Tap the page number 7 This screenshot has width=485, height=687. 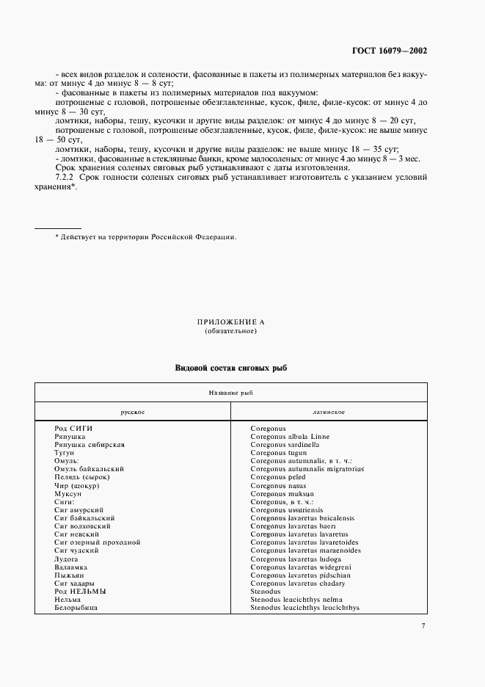pos(423,625)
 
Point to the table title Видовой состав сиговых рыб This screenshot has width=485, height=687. pos(230,367)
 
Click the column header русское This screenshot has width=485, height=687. pos(133,412)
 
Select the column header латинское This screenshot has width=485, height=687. pos(329,412)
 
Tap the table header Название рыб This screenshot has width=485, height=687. pos(230,393)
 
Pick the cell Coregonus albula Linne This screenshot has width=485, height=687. pos(290,437)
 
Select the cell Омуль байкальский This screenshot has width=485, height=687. pos(89,468)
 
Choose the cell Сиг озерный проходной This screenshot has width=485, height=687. pos(97,542)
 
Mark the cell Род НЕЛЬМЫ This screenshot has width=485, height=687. pos(80,591)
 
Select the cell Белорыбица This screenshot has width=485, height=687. pos(76,608)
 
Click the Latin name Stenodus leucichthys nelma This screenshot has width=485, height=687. pos(298,600)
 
